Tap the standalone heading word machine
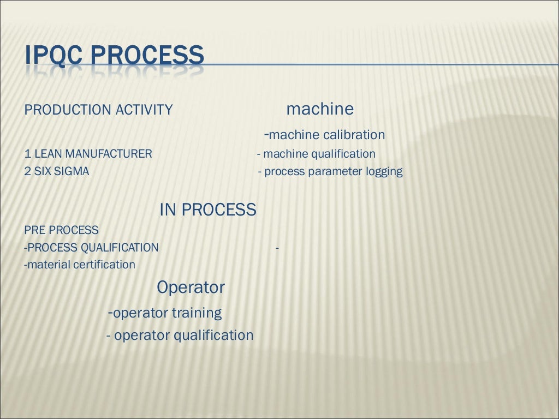click(320, 109)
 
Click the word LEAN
click(49, 154)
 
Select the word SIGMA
click(71, 172)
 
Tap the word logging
click(384, 172)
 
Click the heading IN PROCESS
click(207, 209)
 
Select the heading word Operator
click(191, 288)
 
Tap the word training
click(197, 314)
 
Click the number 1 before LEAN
click(27, 154)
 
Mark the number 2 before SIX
click(28, 172)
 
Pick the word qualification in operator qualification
click(213, 336)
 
